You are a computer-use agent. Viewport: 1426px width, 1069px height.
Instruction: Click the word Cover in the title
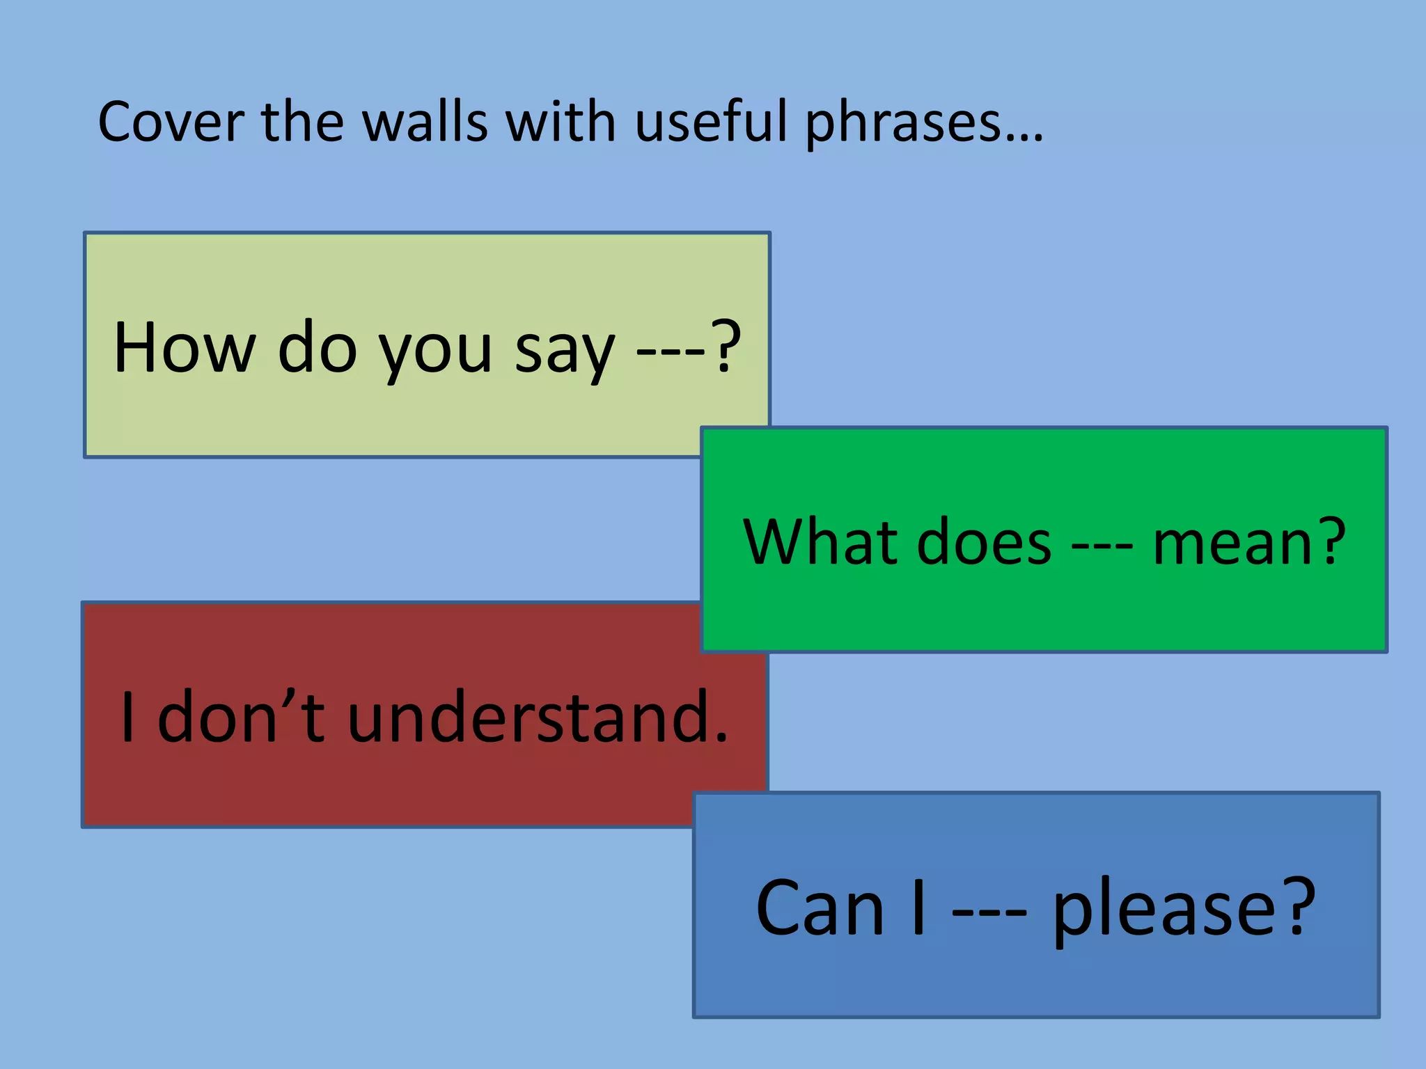click(x=171, y=122)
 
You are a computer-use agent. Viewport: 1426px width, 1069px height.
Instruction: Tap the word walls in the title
click(x=425, y=122)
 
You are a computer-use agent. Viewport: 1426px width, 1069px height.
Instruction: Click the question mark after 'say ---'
click(x=726, y=347)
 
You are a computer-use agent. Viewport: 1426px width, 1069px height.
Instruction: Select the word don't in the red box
click(x=241, y=717)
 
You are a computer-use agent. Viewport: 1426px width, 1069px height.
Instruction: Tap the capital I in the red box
click(x=127, y=717)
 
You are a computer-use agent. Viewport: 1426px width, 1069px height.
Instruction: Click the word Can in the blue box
click(x=820, y=908)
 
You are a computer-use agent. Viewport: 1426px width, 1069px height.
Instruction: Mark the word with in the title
click(x=561, y=122)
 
